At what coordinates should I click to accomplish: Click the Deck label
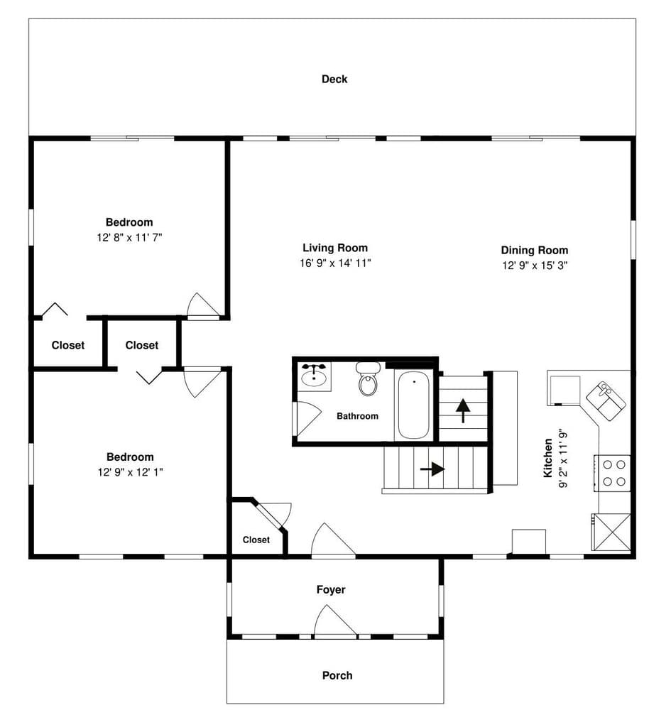[x=334, y=79]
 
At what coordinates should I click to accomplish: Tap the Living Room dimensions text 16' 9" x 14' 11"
[x=335, y=263]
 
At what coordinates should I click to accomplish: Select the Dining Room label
[x=534, y=250]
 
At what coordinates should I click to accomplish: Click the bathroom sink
[x=314, y=376]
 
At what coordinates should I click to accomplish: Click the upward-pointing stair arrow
[x=463, y=410]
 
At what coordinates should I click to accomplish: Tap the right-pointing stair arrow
[x=433, y=469]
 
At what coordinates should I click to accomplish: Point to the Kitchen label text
[x=548, y=458]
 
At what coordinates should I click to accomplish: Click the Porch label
[x=337, y=675]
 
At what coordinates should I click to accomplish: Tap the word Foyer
[x=331, y=589]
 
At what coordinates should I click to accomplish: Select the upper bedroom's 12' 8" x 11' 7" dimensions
[x=129, y=238]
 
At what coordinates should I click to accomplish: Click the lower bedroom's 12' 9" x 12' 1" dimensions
[x=129, y=471]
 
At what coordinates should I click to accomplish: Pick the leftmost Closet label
[x=68, y=345]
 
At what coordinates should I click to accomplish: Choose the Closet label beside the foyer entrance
[x=256, y=540]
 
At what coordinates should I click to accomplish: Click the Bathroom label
[x=357, y=416]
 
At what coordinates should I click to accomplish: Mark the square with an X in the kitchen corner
[x=611, y=532]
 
